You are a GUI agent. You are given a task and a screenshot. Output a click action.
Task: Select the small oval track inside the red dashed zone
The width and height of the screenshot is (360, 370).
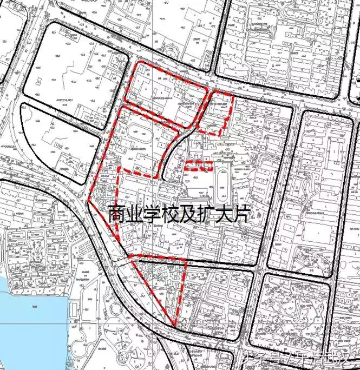pyautogui.click(x=136, y=132)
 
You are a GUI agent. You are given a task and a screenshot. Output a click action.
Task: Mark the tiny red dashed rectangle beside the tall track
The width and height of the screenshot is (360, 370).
pyautogui.click(x=198, y=166)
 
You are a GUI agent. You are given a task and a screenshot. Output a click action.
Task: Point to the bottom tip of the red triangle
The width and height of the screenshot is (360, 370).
pyautogui.click(x=175, y=326)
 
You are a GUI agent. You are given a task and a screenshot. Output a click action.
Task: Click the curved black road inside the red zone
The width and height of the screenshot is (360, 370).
pyautogui.click(x=171, y=151)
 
